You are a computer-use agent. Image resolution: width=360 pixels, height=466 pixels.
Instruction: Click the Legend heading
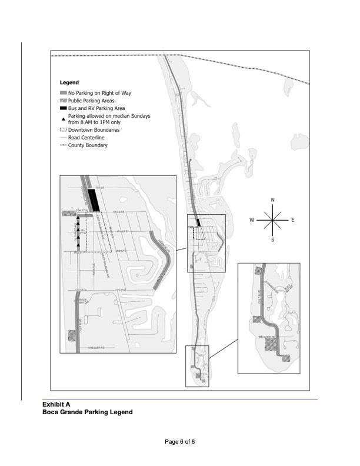[69, 83]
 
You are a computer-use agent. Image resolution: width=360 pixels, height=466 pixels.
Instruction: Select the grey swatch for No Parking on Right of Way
[64, 93]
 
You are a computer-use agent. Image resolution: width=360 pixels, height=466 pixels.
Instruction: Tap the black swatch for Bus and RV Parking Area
[64, 109]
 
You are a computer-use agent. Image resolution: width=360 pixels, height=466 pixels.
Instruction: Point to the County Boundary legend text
[88, 145]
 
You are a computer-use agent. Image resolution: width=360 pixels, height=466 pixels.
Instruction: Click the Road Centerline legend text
[86, 138]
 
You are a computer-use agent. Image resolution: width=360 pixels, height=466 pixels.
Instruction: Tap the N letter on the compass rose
[272, 200]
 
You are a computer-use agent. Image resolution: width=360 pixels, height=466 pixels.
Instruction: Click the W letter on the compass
[251, 220]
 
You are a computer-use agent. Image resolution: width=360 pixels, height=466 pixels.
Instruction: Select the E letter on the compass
[293, 220]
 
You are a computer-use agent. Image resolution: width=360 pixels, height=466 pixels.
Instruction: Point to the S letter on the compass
[272, 240]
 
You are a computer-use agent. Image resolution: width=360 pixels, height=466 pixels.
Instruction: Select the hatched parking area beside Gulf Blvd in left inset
[72, 335]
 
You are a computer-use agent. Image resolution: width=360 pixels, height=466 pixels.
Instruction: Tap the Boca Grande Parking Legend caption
[87, 412]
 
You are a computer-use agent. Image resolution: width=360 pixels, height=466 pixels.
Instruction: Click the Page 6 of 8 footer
[180, 442]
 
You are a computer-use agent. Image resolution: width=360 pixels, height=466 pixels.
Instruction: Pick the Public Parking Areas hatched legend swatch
[64, 101]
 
